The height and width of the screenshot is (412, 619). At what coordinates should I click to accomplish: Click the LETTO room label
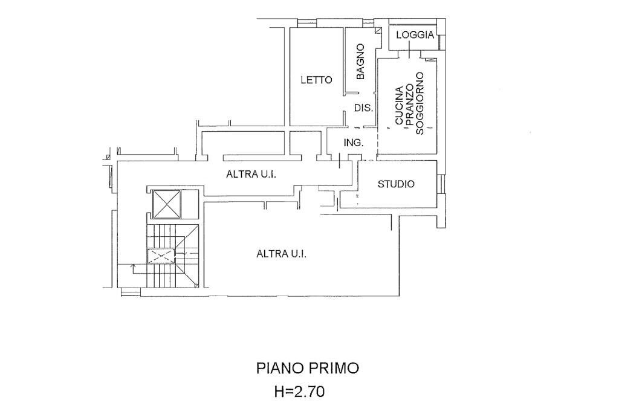tap(317, 80)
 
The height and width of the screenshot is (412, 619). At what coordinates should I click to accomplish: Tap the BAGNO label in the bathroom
tap(360, 62)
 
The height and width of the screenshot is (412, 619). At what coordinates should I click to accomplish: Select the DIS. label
tap(362, 109)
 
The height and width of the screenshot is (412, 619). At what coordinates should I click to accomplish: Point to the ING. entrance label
tap(353, 143)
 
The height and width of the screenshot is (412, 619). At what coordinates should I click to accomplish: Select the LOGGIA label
tap(415, 35)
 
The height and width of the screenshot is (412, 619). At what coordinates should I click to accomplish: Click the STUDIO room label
tap(396, 184)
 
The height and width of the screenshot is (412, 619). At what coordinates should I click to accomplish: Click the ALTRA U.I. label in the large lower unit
tap(281, 254)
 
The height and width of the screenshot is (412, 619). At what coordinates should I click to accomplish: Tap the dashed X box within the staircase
tap(161, 256)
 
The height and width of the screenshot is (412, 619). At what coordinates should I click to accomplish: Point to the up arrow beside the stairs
tap(134, 266)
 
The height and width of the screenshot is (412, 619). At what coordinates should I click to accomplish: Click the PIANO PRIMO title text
tap(308, 368)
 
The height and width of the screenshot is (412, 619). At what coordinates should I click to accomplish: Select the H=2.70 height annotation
tap(299, 391)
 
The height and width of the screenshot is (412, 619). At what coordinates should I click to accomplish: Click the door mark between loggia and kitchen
tap(409, 54)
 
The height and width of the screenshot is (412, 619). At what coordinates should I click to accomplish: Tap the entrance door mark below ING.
tap(340, 161)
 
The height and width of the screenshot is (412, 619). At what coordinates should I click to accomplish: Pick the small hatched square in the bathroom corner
tap(379, 30)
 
